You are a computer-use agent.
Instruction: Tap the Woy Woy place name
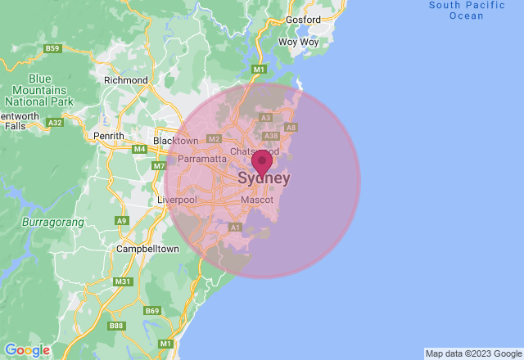(298, 41)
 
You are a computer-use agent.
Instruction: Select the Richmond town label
(126, 80)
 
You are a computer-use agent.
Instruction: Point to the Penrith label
(109, 136)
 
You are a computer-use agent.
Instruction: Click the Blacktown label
(175, 141)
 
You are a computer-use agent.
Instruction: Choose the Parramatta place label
(201, 159)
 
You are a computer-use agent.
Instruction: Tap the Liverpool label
(177, 200)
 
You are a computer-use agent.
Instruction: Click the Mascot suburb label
(257, 200)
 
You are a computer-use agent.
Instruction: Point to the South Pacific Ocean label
(467, 10)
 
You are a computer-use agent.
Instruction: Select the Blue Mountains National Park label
(33, 91)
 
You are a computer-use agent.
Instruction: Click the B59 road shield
(52, 49)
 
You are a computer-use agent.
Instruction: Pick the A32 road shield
(56, 123)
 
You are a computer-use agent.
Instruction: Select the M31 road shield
(123, 281)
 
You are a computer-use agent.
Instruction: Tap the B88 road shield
(118, 326)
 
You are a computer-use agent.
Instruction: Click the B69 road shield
(152, 311)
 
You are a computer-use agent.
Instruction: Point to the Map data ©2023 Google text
(473, 353)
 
